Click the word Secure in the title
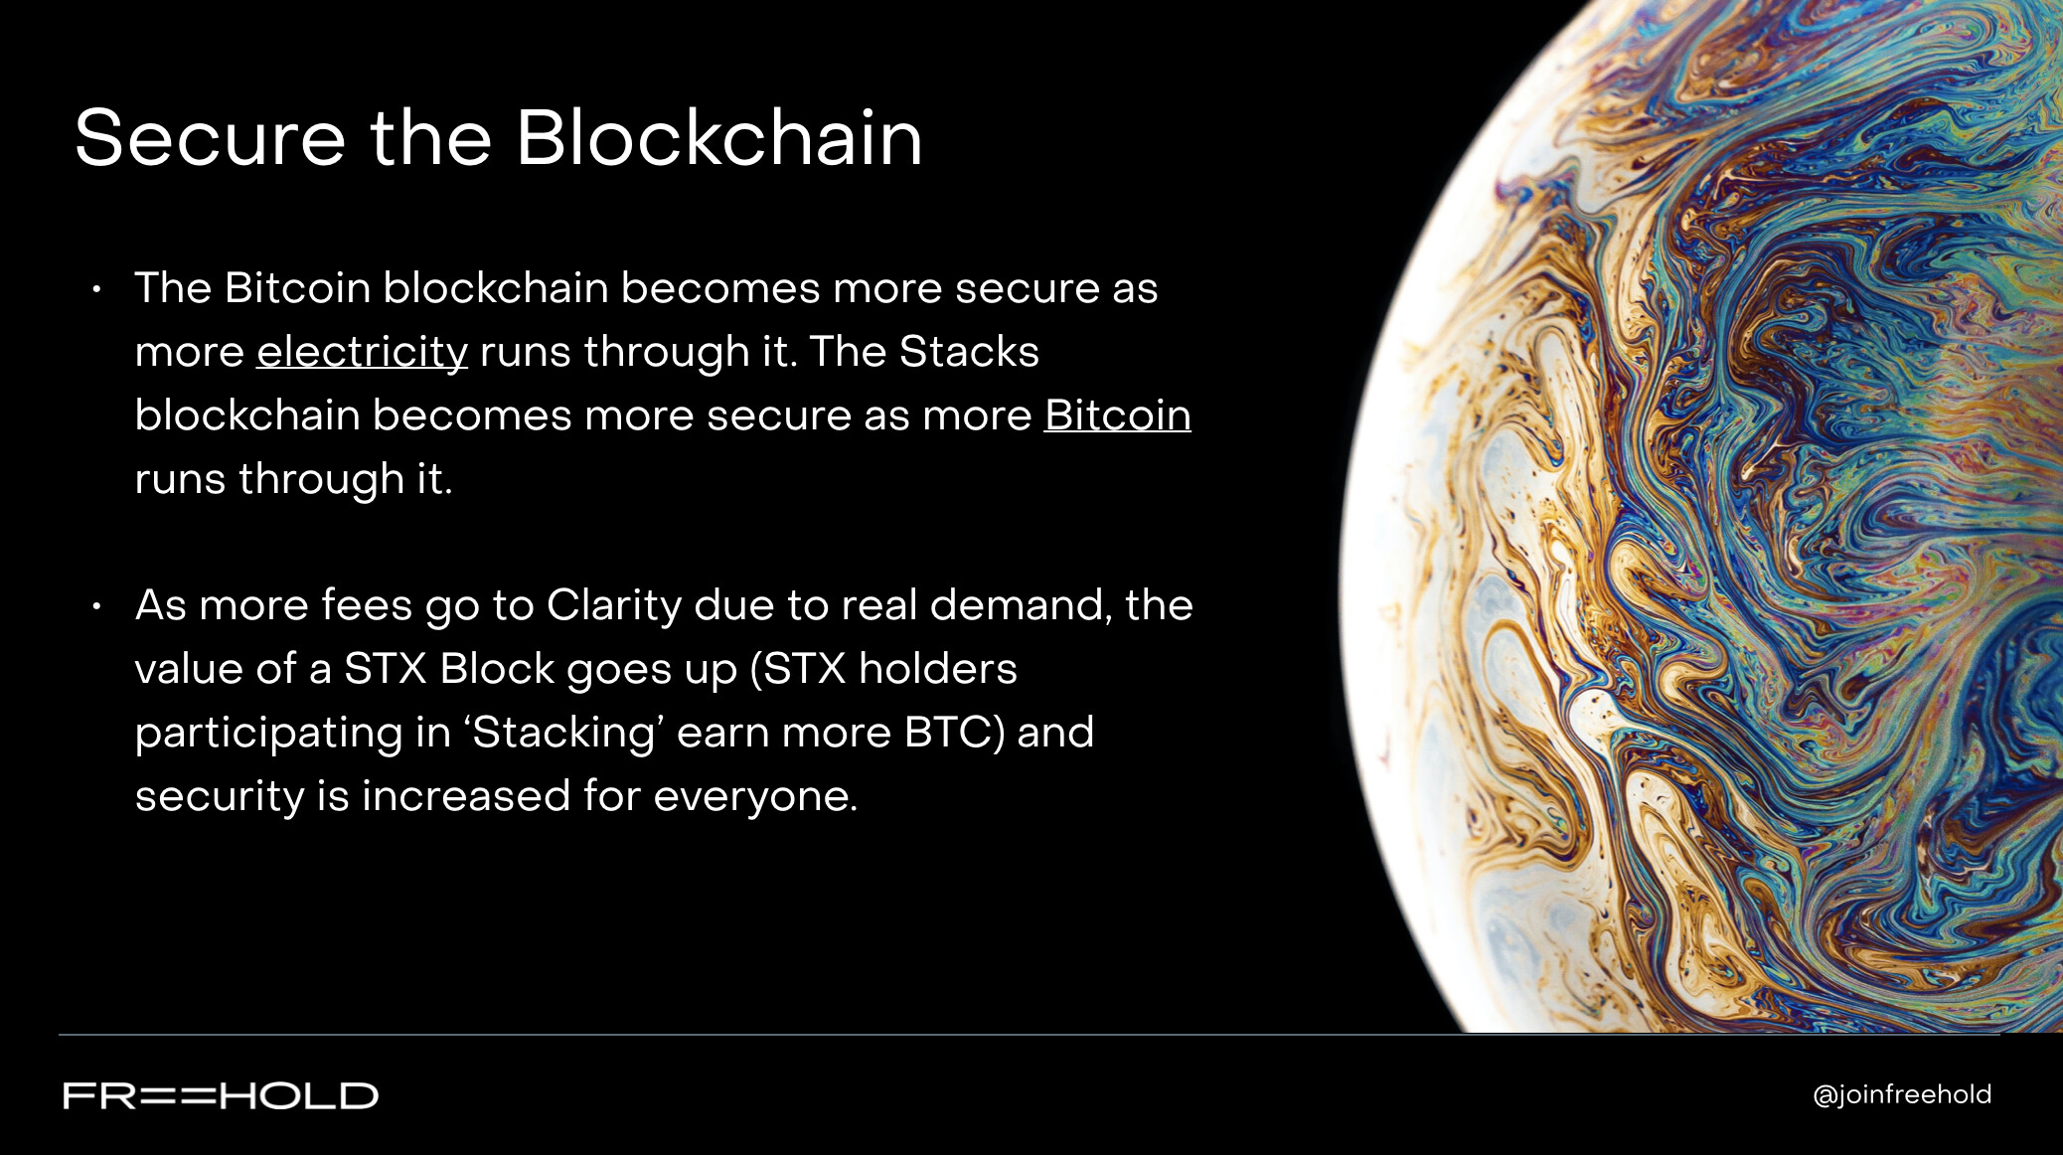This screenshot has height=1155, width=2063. tap(210, 138)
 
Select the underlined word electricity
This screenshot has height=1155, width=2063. tap(362, 353)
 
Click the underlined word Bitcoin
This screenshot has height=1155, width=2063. tap(1117, 414)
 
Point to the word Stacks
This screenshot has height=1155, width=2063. tap(969, 352)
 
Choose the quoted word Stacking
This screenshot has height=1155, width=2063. tap(564, 734)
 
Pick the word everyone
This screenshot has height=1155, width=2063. tap(755, 797)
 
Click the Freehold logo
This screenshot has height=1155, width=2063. tap(221, 1095)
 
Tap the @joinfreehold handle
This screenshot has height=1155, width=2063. tap(1902, 1094)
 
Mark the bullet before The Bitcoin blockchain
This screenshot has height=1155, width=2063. tap(96, 289)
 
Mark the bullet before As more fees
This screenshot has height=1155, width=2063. tap(96, 606)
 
